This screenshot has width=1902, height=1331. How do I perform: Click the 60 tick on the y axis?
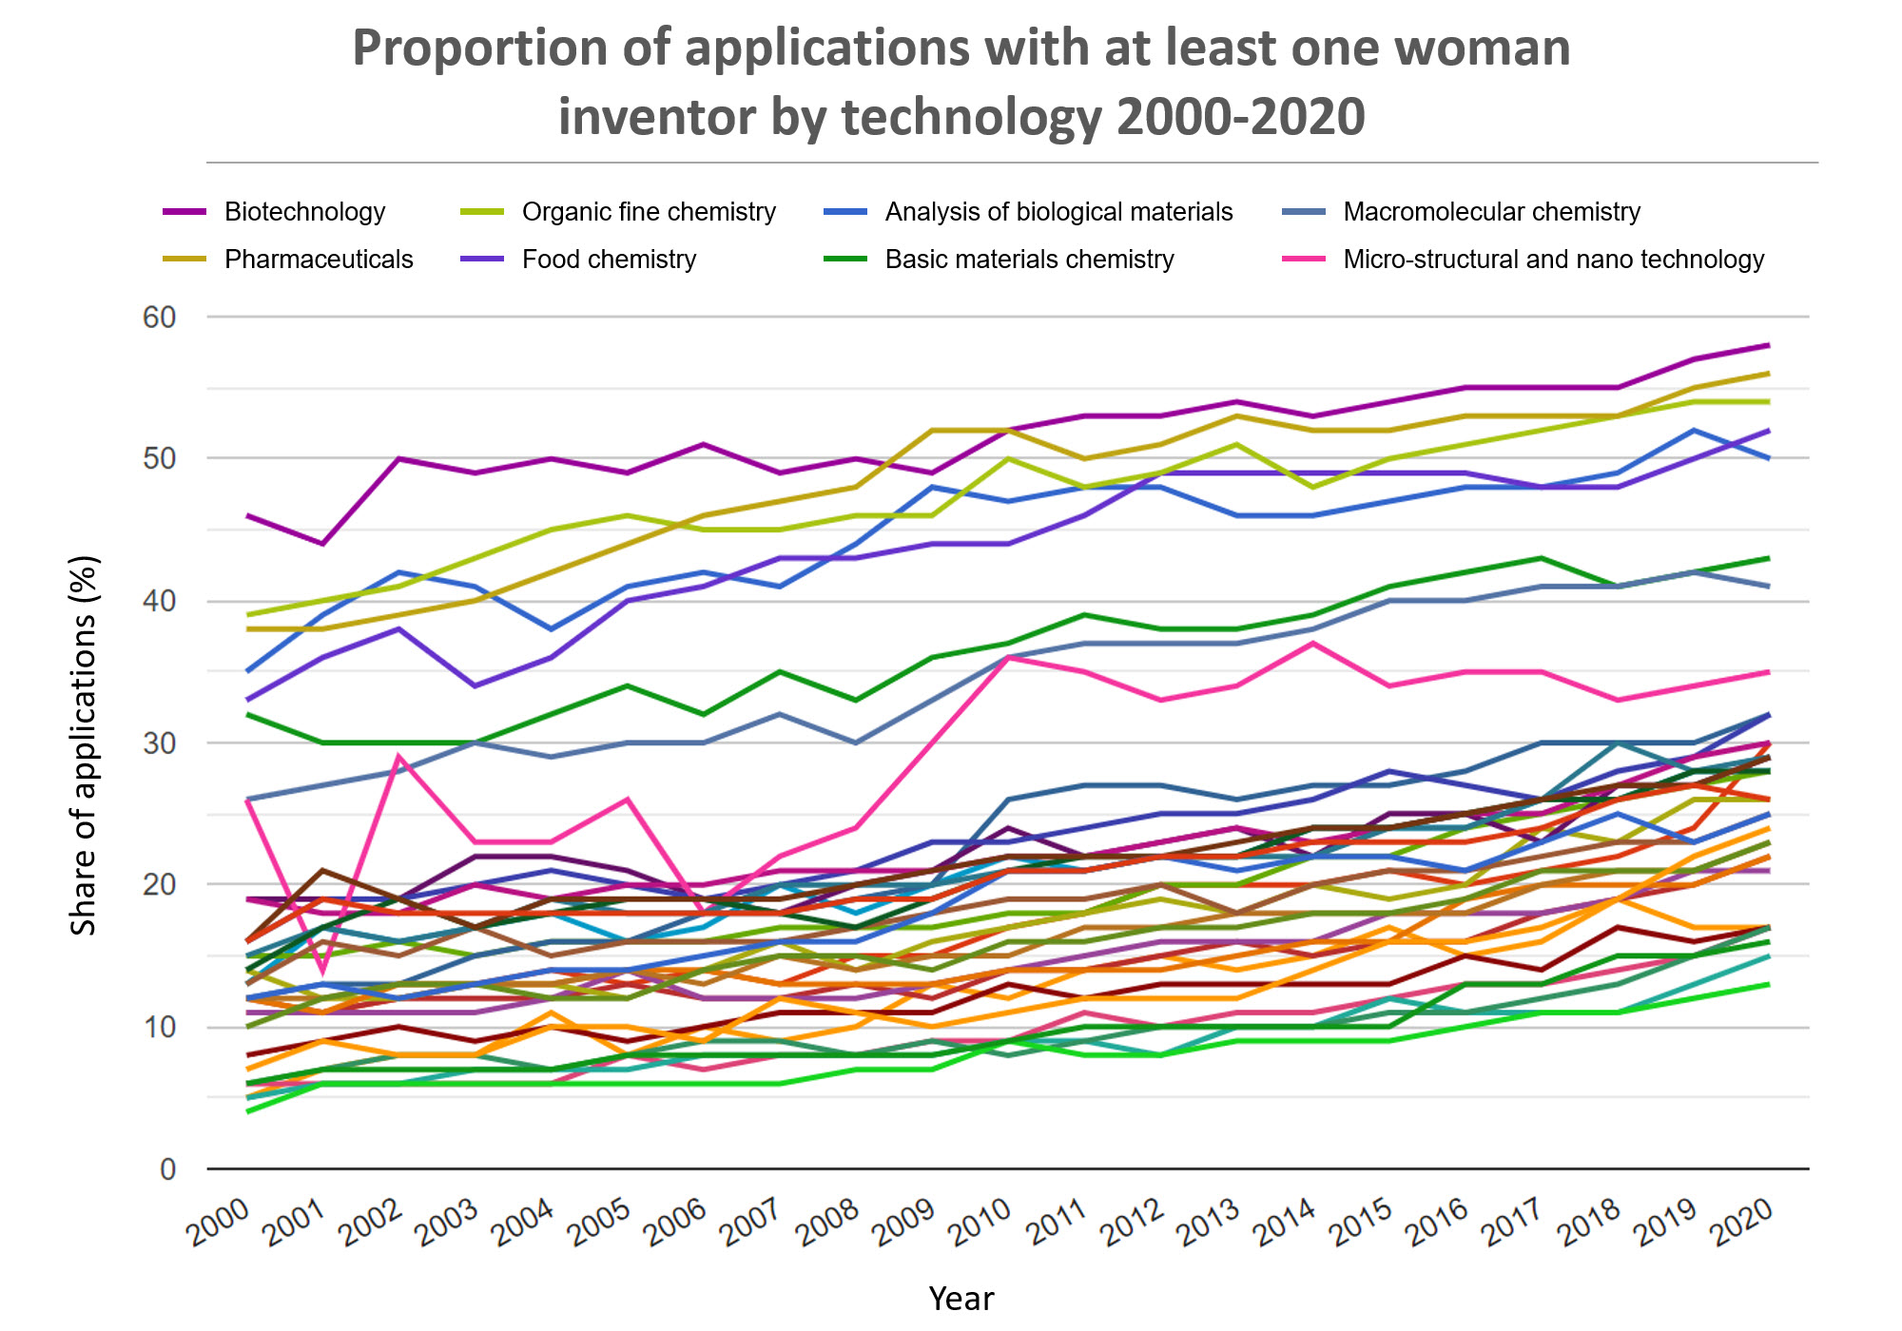(x=160, y=318)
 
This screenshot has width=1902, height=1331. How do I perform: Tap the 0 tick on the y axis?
(x=168, y=1169)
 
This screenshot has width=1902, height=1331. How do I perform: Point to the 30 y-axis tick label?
(x=160, y=743)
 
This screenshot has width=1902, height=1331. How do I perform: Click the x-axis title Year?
(x=961, y=1299)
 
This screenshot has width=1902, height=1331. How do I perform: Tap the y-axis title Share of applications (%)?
(x=84, y=745)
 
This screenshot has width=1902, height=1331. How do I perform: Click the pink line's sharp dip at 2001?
(x=323, y=971)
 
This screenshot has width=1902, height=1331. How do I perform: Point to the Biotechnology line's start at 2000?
(x=247, y=515)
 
